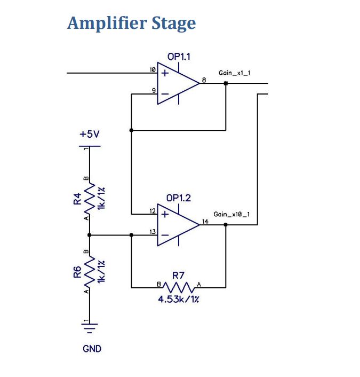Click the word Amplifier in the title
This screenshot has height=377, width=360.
pyautogui.click(x=99, y=23)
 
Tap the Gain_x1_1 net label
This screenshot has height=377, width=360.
pyautogui.click(x=234, y=72)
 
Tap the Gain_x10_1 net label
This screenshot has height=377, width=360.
pyautogui.click(x=231, y=214)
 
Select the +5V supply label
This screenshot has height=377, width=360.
pyautogui.click(x=90, y=135)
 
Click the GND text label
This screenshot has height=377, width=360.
pyautogui.click(x=91, y=349)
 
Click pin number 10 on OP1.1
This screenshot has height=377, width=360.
pyautogui.click(x=153, y=70)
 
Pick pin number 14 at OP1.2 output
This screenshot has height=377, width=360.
pyautogui.click(x=205, y=221)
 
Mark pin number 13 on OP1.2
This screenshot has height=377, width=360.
pyautogui.click(x=153, y=231)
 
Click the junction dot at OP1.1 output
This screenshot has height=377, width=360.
pyautogui.click(x=226, y=83)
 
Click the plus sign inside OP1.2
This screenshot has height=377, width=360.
pyautogui.click(x=165, y=215)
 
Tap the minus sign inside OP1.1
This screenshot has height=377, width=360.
pyautogui.click(x=165, y=93)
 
